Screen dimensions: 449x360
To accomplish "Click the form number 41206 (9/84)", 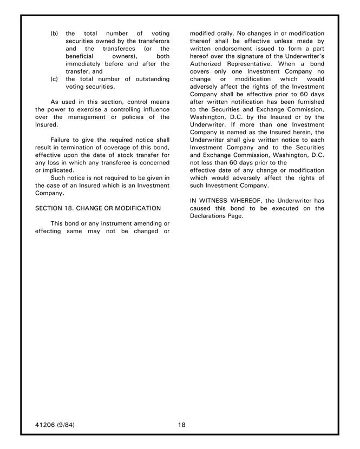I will pos(55,425).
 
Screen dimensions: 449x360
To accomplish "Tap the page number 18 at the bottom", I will pos(181,425).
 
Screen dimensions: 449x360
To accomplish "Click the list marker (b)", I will pos(54,33).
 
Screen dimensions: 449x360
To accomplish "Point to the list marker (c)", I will pos(54,78).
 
